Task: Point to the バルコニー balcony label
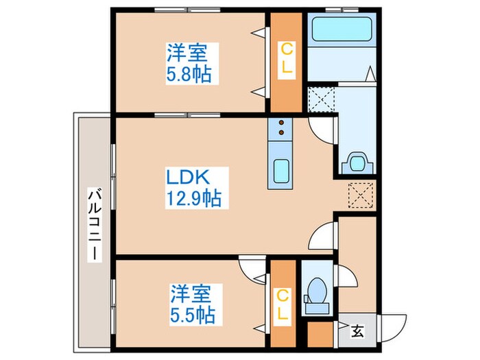pos(95,225)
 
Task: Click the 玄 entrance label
pos(357,331)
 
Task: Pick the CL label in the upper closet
pos(287,60)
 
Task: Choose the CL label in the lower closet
pos(283,304)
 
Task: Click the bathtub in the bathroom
pos(341,29)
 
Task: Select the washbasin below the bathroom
pos(357,163)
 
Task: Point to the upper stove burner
pos(280,123)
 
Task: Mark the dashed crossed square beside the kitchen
pos(361,195)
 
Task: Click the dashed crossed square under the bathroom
pos(320,99)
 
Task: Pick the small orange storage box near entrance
pos(320,335)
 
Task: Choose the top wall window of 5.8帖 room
pos(187,10)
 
